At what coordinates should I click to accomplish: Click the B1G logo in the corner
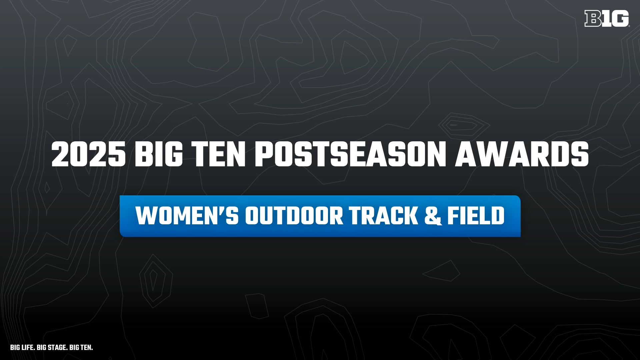click(x=607, y=18)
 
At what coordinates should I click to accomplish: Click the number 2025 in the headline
click(x=89, y=154)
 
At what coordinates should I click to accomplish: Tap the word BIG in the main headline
click(x=159, y=154)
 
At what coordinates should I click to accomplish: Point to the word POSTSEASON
click(x=350, y=154)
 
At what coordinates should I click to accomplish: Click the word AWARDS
click(x=522, y=154)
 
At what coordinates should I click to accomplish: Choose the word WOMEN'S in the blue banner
click(x=187, y=216)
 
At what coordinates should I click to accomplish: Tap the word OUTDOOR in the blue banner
click(x=294, y=216)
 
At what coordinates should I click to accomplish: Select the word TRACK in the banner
click(x=384, y=216)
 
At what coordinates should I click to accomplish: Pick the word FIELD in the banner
click(x=476, y=216)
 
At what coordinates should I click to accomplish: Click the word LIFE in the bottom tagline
click(x=28, y=347)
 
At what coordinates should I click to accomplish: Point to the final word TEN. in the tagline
click(x=86, y=347)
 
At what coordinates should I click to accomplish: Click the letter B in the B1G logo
click(x=593, y=18)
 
